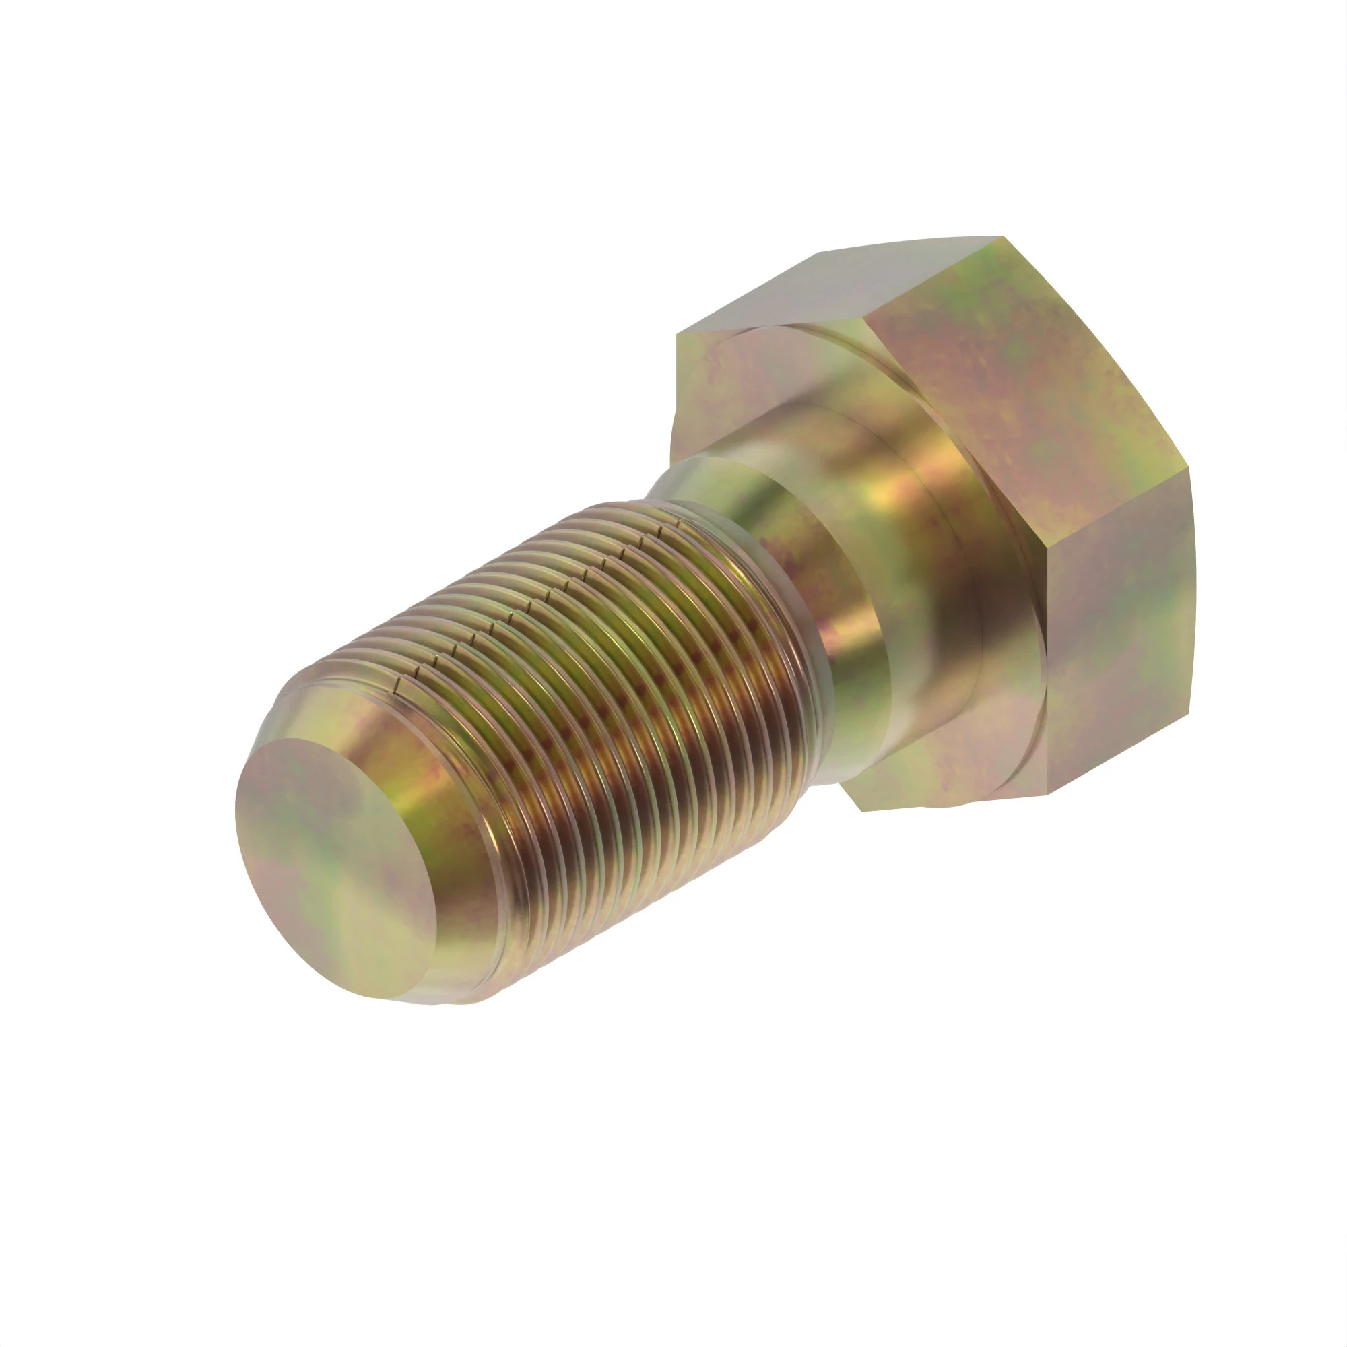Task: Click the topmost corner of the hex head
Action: click(1003, 237)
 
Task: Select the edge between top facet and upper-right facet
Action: click(934, 279)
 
